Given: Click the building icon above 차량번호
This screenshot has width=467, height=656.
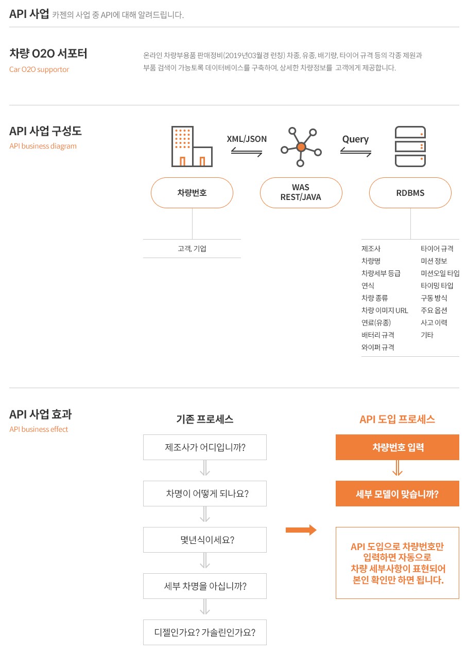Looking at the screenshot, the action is tap(192, 147).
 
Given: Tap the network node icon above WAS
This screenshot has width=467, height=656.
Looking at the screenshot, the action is tap(301, 147).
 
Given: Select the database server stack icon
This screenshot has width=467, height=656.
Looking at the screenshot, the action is tap(410, 147).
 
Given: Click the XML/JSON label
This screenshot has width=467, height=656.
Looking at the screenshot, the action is tap(247, 139).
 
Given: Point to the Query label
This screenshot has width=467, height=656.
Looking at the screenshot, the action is tap(355, 139).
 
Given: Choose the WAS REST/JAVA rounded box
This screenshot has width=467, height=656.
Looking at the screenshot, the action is tap(301, 193).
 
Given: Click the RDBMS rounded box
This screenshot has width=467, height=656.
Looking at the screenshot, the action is tap(410, 193).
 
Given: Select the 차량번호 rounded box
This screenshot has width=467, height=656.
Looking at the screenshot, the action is tap(192, 193).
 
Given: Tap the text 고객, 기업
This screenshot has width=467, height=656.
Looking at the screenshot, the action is tap(192, 249).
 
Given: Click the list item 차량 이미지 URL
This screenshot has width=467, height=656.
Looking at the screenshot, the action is tap(385, 311).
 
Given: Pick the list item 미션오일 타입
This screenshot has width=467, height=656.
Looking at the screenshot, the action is tap(440, 273).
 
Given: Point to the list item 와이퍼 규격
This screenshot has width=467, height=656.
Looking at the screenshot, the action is tap(377, 348).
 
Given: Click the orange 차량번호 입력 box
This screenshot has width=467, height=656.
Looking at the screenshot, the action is tap(397, 447).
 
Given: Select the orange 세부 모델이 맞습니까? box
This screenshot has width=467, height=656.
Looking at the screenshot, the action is tap(397, 494).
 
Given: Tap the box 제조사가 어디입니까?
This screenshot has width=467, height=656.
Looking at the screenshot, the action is tap(205, 447).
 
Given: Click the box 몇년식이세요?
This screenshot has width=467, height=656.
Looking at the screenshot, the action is tap(205, 540).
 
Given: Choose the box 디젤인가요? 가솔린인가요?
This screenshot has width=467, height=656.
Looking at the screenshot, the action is tap(205, 632).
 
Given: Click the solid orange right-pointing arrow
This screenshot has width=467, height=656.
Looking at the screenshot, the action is tap(301, 530).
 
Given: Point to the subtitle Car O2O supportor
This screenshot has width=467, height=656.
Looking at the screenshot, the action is tap(39, 69).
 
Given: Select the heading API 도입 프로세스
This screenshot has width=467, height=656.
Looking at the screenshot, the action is tap(397, 420).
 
